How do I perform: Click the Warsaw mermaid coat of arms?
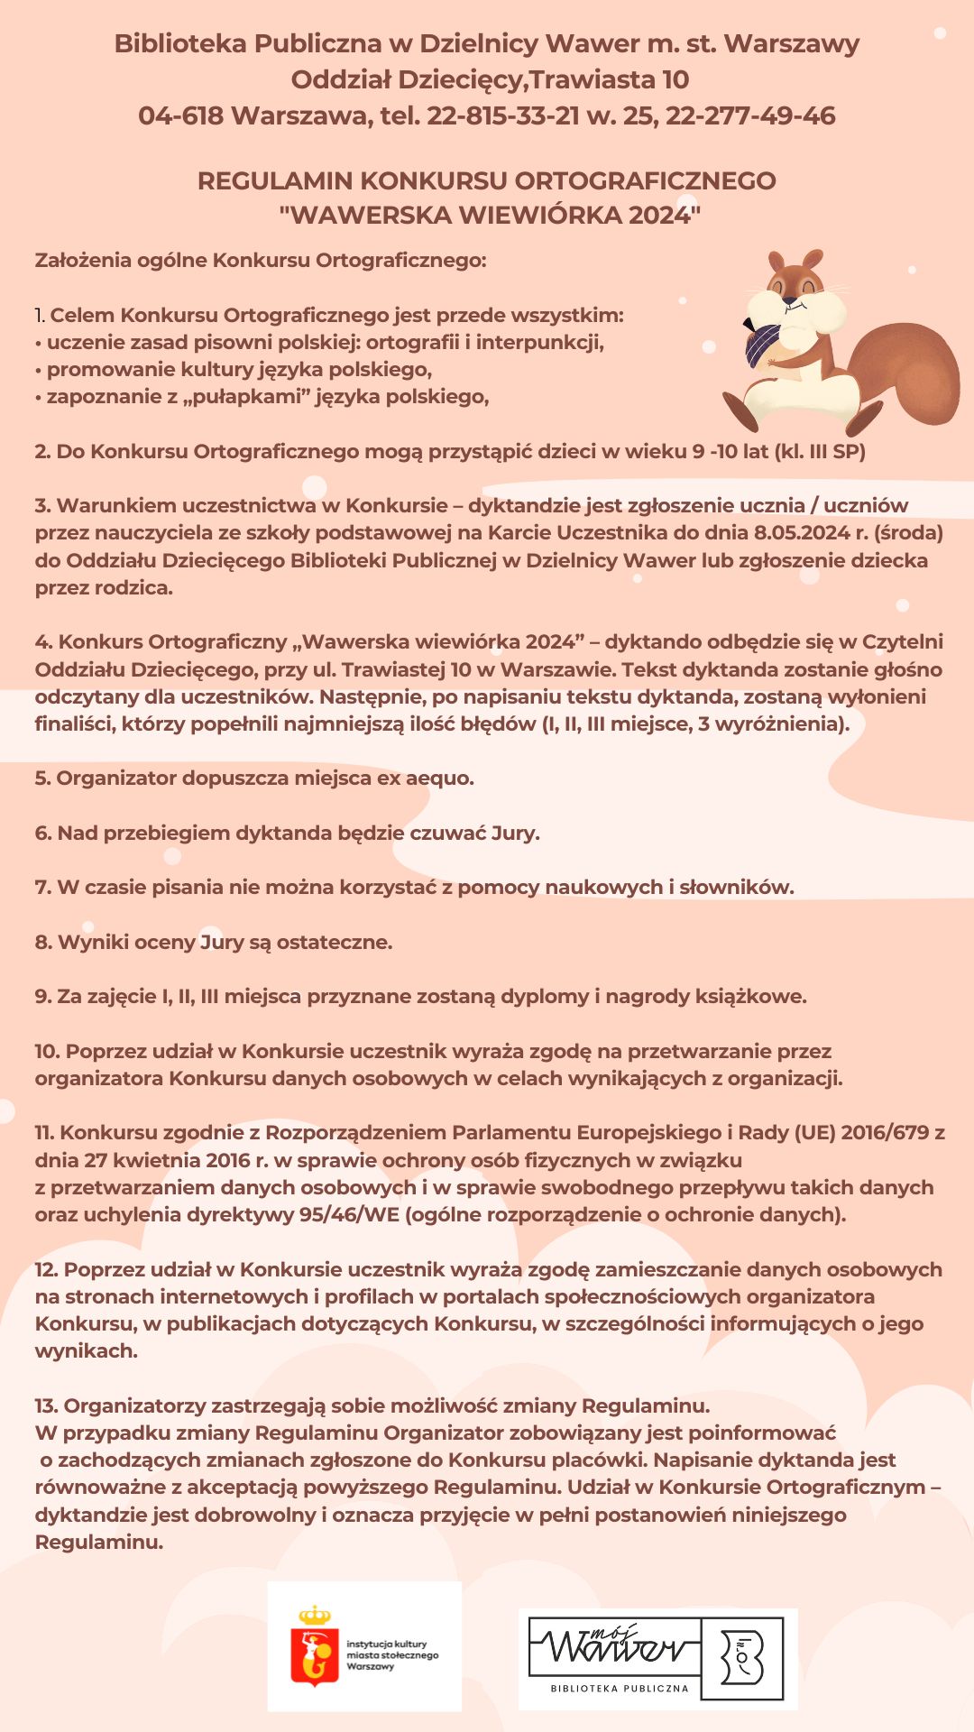tap(314, 1646)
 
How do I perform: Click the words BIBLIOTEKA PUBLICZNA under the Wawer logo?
tap(620, 1688)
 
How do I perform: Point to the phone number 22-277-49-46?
tap(750, 115)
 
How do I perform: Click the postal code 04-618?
tap(180, 115)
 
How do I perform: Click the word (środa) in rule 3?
tap(908, 532)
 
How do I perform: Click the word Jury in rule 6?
tap(514, 833)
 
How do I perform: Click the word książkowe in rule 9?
tap(750, 996)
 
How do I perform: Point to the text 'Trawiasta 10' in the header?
tap(609, 79)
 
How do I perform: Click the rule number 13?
tap(46, 1405)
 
